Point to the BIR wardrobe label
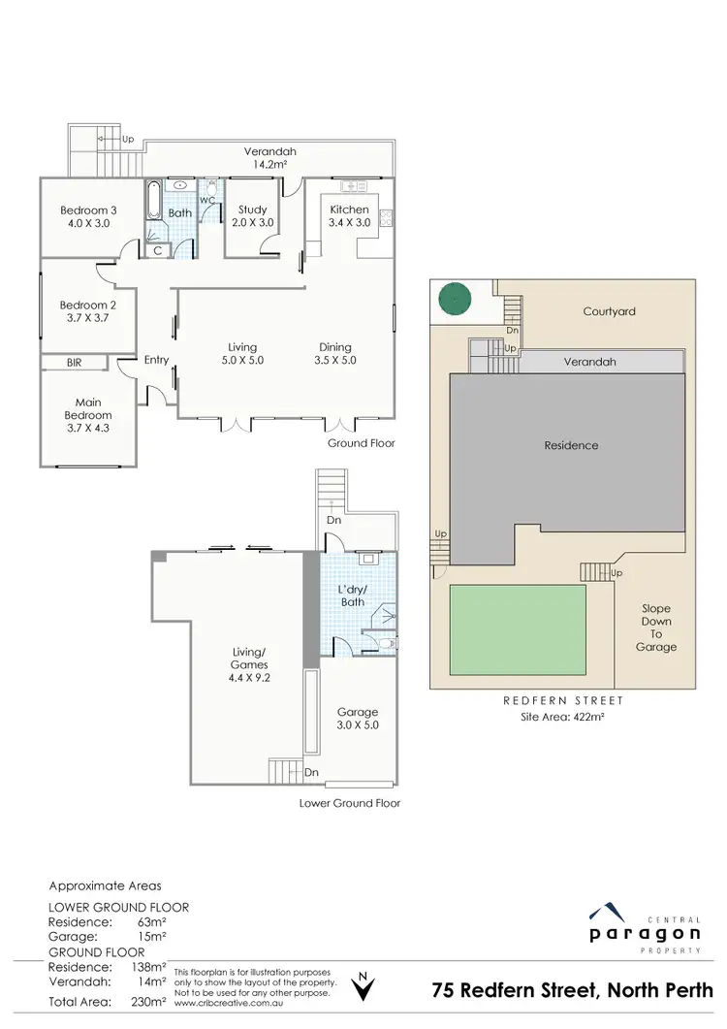coord(74,363)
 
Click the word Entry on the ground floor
coord(156,360)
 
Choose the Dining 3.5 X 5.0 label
coord(336,353)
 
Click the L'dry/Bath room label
coord(352,595)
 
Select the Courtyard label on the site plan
coord(609,311)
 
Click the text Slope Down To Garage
coord(656,627)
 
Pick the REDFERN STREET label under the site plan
coord(562,700)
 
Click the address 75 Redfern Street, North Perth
coord(572,990)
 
